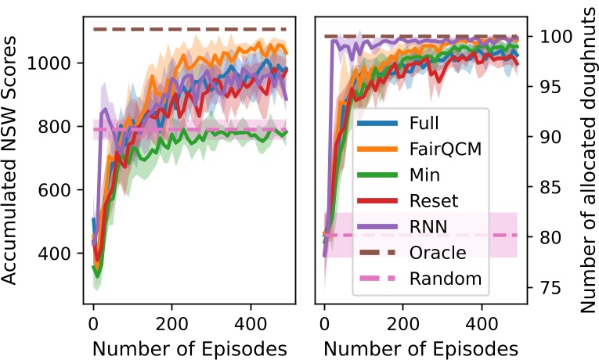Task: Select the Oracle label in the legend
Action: click(x=438, y=252)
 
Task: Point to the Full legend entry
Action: click(x=424, y=123)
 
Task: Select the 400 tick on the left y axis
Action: click(x=60, y=254)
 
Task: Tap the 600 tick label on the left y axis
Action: click(x=60, y=190)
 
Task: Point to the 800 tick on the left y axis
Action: click(x=60, y=127)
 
